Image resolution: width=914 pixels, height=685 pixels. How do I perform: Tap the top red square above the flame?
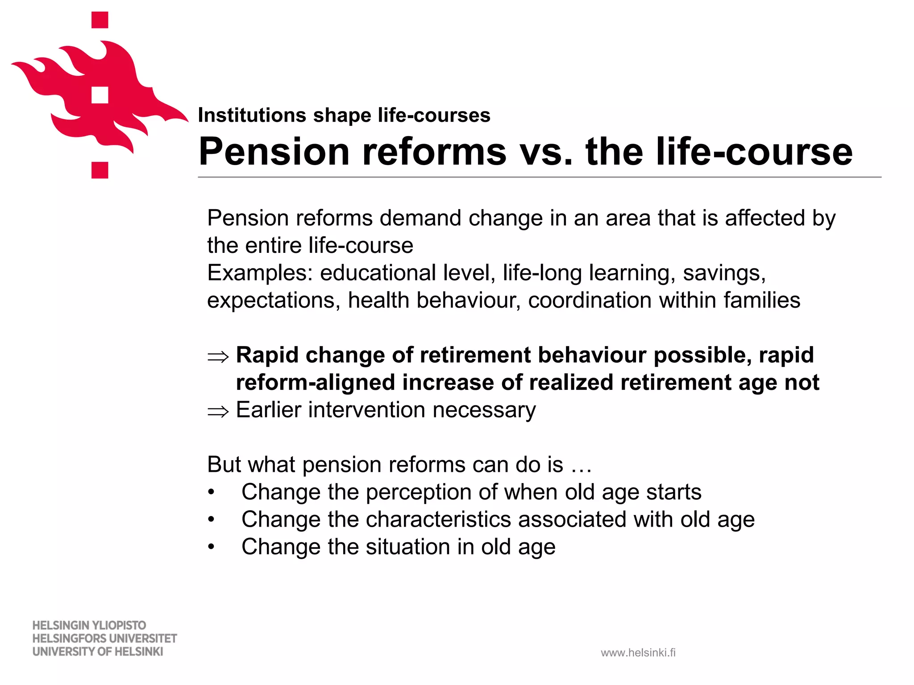[100, 20]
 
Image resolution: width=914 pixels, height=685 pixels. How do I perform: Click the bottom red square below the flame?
[100, 170]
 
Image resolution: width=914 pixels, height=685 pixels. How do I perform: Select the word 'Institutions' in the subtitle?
[252, 116]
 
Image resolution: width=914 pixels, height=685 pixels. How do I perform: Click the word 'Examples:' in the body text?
[260, 273]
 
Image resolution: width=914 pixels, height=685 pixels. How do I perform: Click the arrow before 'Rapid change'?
[218, 356]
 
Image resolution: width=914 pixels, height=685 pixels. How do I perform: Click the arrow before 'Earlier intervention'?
[218, 411]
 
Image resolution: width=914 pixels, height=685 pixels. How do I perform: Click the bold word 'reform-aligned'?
[315, 383]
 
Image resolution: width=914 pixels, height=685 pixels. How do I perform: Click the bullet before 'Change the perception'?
[211, 493]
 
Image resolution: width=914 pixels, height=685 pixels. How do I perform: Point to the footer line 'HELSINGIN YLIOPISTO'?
[89, 625]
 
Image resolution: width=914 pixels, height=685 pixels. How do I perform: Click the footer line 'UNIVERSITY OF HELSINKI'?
[98, 652]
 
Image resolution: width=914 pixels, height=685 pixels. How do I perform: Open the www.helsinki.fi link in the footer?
[638, 653]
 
